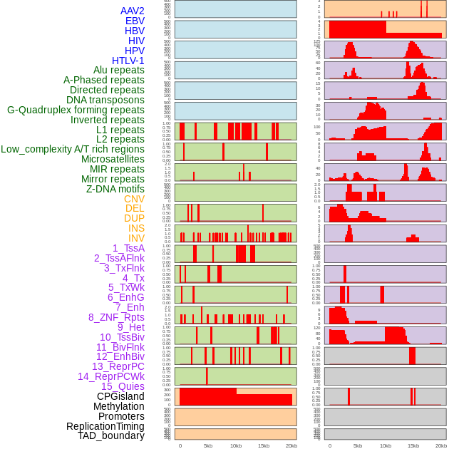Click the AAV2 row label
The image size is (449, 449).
(132, 11)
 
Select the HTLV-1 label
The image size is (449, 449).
(128, 61)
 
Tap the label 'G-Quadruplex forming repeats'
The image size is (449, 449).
(76, 110)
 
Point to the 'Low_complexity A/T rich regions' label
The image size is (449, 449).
(73, 149)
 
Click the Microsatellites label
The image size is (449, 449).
(113, 159)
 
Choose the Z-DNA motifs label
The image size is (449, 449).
(115, 189)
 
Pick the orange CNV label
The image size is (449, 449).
(134, 199)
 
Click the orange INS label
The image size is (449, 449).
(136, 228)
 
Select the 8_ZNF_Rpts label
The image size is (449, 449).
(116, 317)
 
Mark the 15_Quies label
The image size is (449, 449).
(123, 386)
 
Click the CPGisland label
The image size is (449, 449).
(120, 396)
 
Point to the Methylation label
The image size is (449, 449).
(119, 406)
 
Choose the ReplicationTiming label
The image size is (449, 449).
(105, 426)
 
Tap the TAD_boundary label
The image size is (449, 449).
(111, 435)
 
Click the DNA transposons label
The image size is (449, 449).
(105, 100)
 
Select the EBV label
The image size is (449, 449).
(135, 21)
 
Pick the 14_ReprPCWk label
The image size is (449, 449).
(111, 376)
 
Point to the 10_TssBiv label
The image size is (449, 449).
(122, 337)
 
